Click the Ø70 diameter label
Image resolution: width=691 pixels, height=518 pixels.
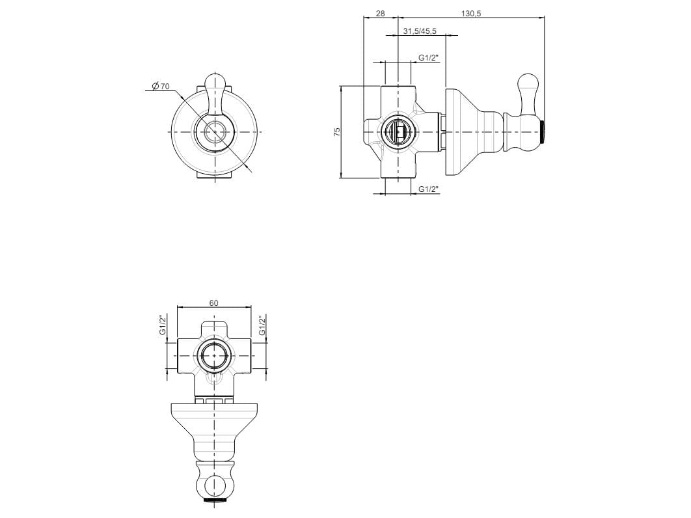pos(160,87)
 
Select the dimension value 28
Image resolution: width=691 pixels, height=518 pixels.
pos(380,14)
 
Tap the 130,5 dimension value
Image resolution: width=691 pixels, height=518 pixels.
pos(470,14)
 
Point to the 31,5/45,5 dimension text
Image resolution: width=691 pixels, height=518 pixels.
pos(420,31)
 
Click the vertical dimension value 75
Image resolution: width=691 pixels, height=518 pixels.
pos(336,132)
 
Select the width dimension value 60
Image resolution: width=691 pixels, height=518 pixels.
pos(214,302)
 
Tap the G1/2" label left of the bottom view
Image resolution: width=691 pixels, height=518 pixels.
pos(163,325)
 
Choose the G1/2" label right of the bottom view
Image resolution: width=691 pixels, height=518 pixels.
pos(262,325)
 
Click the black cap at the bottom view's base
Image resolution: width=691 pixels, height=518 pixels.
pos(214,502)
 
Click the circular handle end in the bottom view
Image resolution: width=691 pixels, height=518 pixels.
pos(214,485)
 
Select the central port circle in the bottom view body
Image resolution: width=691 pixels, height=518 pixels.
pos(214,356)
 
